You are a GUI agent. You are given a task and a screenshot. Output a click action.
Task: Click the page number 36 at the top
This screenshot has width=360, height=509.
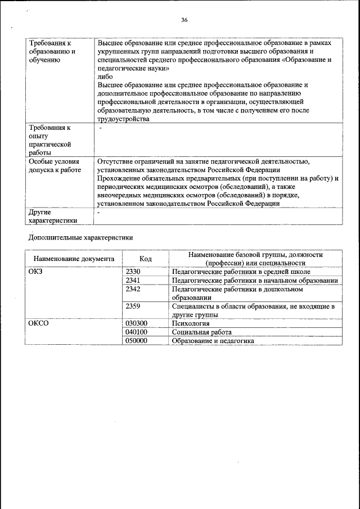(x=184, y=20)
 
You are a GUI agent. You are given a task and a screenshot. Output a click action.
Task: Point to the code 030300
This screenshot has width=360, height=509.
(x=136, y=323)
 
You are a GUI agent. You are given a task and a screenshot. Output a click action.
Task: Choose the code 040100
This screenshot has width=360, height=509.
(x=136, y=332)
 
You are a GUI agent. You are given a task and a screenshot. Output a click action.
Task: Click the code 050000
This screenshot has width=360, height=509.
(x=136, y=340)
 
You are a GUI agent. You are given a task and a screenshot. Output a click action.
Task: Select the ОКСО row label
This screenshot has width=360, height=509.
(x=38, y=323)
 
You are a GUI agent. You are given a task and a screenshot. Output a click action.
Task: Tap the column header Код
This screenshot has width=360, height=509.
(x=146, y=259)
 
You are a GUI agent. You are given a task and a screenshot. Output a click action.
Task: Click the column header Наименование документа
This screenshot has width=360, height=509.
(x=73, y=259)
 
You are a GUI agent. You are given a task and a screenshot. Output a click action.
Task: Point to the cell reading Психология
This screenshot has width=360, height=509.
(x=191, y=323)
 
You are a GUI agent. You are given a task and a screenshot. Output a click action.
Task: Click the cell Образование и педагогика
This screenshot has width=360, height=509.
(x=213, y=340)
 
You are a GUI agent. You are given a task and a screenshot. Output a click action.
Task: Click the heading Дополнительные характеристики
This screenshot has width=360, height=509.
(x=80, y=237)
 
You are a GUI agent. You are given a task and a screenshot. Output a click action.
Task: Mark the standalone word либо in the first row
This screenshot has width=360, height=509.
(x=105, y=76)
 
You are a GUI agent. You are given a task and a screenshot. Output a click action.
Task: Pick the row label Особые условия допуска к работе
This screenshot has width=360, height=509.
(x=55, y=165)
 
